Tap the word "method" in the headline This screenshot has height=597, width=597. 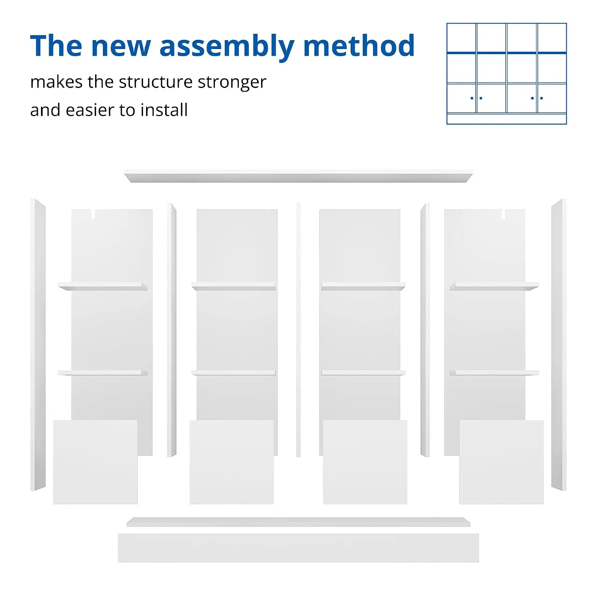pyautogui.click(x=359, y=45)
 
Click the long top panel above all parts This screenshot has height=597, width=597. pyautogui.click(x=298, y=176)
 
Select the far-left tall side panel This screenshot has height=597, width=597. pyautogui.click(x=38, y=345)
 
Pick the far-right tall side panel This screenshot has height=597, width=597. pyautogui.click(x=559, y=345)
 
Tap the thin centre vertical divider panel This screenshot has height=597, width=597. pyautogui.click(x=298, y=330)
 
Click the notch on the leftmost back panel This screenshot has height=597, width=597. pyautogui.click(x=95, y=214)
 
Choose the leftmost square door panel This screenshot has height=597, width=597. pyautogui.click(x=96, y=462)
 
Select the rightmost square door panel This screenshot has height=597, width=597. pyautogui.click(x=501, y=462)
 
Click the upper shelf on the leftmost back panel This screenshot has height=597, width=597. pyautogui.click(x=103, y=286)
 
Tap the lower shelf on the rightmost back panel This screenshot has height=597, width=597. pyautogui.click(x=494, y=373)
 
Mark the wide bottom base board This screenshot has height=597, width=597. pyautogui.click(x=298, y=548)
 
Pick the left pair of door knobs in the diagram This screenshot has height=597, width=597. pyautogui.click(x=476, y=98)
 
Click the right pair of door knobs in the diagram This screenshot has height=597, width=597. pyautogui.click(x=537, y=98)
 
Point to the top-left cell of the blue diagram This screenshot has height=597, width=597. pyautogui.click(x=462, y=37)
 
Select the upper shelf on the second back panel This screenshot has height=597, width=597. pyautogui.click(x=234, y=286)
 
